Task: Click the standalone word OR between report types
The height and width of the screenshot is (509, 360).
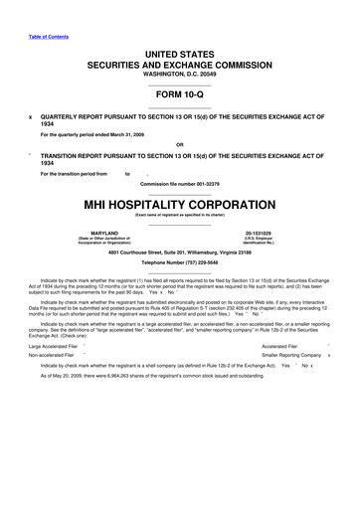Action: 180,143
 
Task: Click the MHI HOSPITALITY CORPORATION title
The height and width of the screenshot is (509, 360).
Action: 180,204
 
